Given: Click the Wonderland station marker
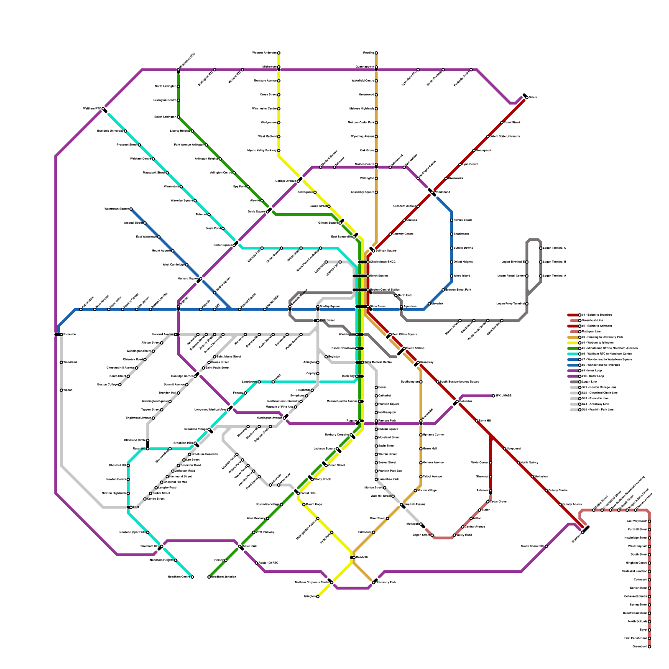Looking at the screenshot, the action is pyautogui.click(x=433, y=192).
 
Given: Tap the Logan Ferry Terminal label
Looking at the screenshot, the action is pyautogui.click(x=510, y=304).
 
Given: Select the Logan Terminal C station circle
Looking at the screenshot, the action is pyautogui.click(x=541, y=248).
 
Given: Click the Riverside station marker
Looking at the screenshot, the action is pyautogui.click(x=61, y=334).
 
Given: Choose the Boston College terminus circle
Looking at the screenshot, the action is pyautogui.click(x=120, y=385).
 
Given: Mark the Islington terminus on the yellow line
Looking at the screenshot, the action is pyautogui.click(x=318, y=597).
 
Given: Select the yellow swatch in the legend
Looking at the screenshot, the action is pyautogui.click(x=573, y=343).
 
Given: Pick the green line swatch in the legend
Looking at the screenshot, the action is pyautogui.click(x=573, y=348).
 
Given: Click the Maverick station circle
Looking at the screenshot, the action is pyautogui.click(x=429, y=304).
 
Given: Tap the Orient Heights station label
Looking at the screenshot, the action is pyautogui.click(x=463, y=262).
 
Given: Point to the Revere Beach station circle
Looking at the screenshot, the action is pyautogui.click(x=452, y=220).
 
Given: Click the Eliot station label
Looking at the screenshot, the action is pyautogui.click(x=136, y=507).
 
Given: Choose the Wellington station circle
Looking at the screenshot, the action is pyautogui.click(x=376, y=179).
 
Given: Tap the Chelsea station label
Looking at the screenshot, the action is pyautogui.click(x=411, y=220).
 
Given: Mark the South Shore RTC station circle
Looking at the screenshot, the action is pyautogui.click(x=546, y=546).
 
